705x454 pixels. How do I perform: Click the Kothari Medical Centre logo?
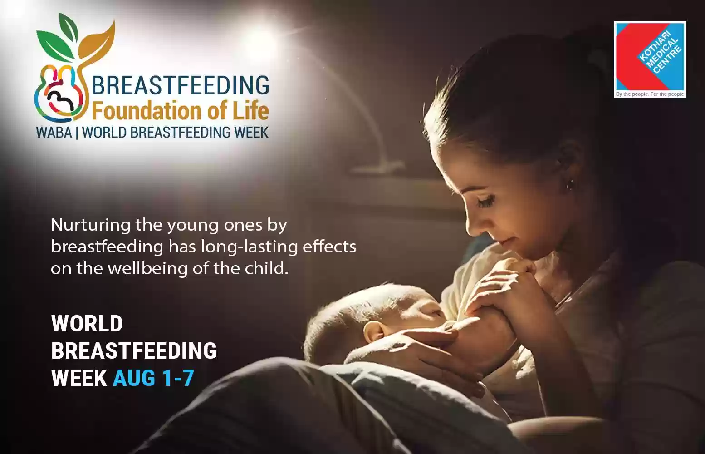(650, 59)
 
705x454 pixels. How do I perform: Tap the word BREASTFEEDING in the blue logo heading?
(180, 85)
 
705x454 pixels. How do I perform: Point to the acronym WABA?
(54, 132)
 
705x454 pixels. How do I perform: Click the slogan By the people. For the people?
(650, 94)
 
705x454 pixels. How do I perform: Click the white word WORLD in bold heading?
(87, 324)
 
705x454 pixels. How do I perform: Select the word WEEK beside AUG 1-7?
(79, 378)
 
